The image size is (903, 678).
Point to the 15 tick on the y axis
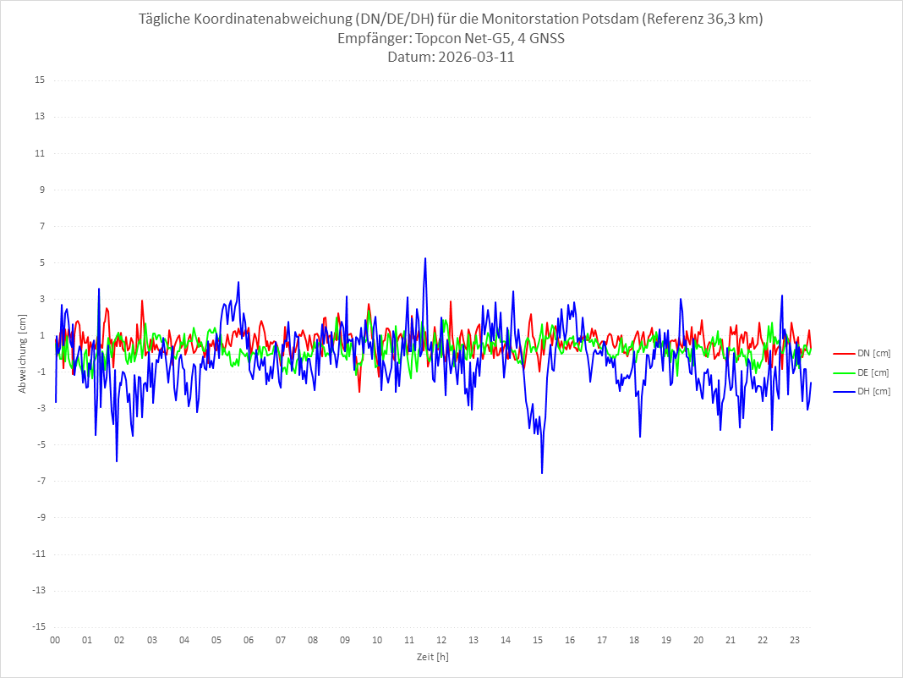click(x=40, y=80)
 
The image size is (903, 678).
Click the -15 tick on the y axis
click(x=38, y=627)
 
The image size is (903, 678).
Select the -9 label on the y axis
click(x=40, y=517)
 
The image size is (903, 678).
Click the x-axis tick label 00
click(x=55, y=640)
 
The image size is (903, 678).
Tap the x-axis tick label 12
click(x=441, y=640)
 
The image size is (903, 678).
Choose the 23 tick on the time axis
click(x=795, y=640)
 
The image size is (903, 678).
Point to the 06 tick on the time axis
click(x=248, y=640)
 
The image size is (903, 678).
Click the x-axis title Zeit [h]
click(x=433, y=656)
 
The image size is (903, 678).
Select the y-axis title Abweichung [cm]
click(x=23, y=354)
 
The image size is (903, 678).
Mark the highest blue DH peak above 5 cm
click(x=425, y=258)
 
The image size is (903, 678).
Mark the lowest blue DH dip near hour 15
click(x=542, y=472)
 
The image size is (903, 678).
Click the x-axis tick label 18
click(x=634, y=640)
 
